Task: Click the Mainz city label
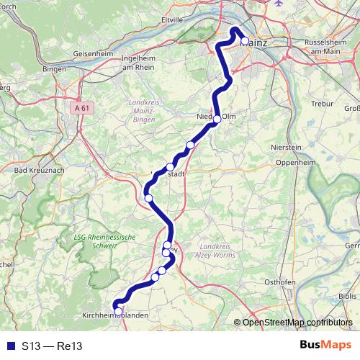[x=258, y=43]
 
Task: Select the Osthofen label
[x=279, y=282]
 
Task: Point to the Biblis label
[x=348, y=296]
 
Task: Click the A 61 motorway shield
[x=83, y=108]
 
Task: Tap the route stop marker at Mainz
[x=245, y=42]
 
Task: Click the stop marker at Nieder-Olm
[x=217, y=120]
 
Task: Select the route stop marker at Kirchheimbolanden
[x=118, y=312]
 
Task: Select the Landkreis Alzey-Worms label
[x=217, y=250]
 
